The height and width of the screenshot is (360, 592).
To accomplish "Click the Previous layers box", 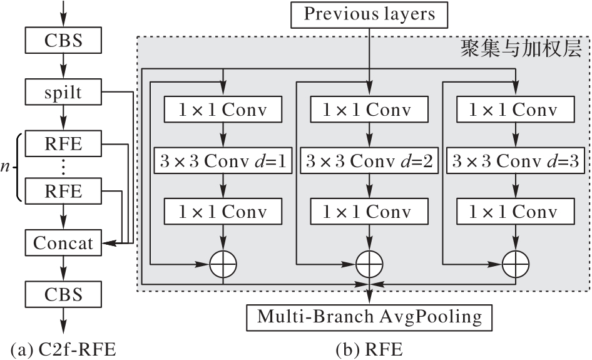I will [x=369, y=14].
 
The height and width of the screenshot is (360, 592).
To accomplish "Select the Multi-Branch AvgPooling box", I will [x=369, y=317].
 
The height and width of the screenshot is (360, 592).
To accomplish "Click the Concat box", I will [x=63, y=242].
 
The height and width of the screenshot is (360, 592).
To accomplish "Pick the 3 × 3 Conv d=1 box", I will [x=223, y=162].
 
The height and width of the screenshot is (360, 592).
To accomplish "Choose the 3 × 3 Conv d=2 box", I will [x=369, y=162].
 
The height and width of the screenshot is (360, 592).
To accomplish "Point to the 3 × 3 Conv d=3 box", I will [x=515, y=162].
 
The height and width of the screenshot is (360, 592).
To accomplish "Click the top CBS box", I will [x=63, y=41].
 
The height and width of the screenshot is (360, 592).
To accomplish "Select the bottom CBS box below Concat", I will [x=63, y=294].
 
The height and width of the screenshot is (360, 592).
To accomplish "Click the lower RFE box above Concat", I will [x=63, y=190].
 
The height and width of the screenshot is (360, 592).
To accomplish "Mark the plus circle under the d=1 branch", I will [x=223, y=264].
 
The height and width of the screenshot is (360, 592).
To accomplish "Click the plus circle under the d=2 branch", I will [x=369, y=264].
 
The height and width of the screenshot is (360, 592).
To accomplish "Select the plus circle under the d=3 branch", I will [x=515, y=264].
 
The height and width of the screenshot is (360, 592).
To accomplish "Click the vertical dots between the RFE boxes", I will [x=63, y=167].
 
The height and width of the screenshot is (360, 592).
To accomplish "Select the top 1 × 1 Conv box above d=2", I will [x=369, y=110].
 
